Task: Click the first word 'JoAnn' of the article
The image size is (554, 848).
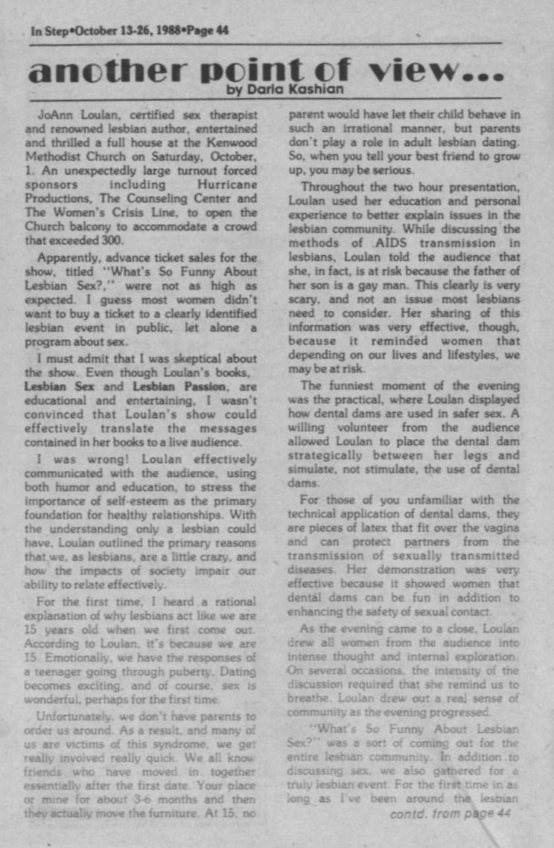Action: click(x=53, y=115)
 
